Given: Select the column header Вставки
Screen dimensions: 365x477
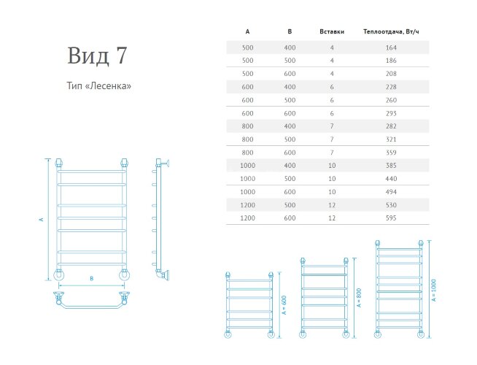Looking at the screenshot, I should (x=331, y=33).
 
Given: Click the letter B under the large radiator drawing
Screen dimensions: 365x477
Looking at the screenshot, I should (x=91, y=278).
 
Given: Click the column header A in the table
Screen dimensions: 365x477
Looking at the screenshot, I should (x=248, y=33).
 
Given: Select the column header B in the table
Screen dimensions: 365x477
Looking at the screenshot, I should (x=290, y=33).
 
